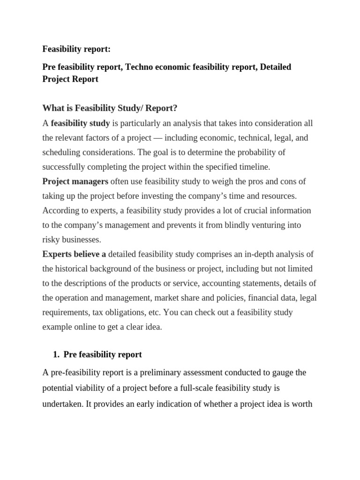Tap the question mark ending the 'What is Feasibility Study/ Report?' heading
(175, 108)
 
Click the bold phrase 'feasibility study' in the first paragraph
(80, 123)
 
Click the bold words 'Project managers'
(75, 181)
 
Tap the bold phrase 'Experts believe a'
(74, 254)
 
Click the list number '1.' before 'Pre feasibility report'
(58, 354)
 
